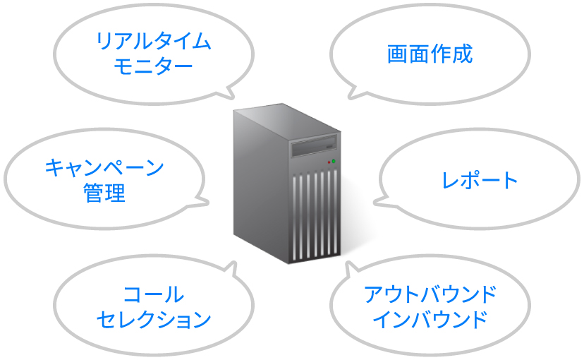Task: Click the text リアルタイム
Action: tap(154, 42)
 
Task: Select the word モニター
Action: tap(153, 67)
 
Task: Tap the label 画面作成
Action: tap(430, 54)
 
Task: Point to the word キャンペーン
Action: tap(104, 167)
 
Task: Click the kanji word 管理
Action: tap(104, 193)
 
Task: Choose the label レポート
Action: tap(480, 180)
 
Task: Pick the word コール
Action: tap(154, 294)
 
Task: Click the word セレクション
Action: tap(154, 320)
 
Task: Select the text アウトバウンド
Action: tap(430, 294)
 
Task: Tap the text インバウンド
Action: tap(430, 320)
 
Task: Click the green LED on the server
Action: tap(334, 162)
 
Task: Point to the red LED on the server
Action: tap(329, 162)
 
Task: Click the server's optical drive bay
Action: tap(314, 145)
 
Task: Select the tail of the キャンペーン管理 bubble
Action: tap(203, 203)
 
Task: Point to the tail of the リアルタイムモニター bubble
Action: tap(230, 95)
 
